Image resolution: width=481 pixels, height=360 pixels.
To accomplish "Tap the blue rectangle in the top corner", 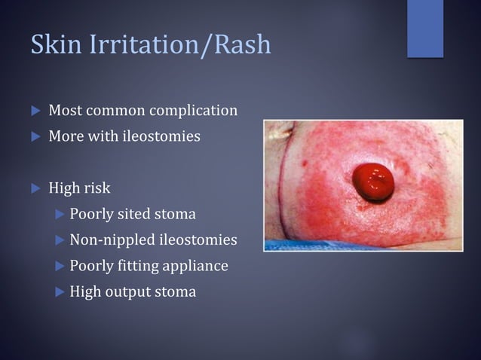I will tap(424, 28).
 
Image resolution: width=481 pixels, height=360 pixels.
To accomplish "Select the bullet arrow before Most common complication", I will tap(35, 111).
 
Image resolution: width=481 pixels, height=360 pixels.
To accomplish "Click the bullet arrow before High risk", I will tap(35, 188).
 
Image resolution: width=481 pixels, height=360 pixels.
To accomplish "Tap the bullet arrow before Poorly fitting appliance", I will tap(60, 266).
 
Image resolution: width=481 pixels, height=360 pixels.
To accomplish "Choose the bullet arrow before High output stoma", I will tap(60, 292).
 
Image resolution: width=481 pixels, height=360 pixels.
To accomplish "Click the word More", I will tap(66, 137).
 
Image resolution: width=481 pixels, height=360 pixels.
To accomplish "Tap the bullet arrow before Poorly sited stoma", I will tap(60, 215).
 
